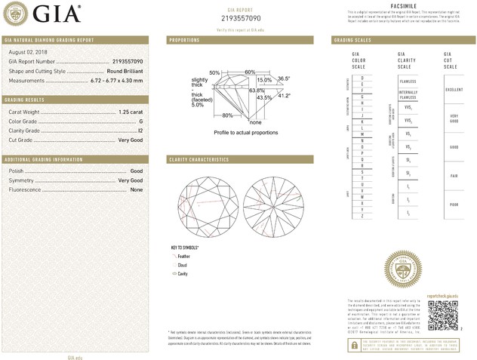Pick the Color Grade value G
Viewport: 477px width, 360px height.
[140, 122]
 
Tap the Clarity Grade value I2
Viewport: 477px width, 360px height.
[140, 131]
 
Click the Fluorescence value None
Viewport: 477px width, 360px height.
[137, 190]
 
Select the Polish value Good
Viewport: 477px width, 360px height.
[137, 172]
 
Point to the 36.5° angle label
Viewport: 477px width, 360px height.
[283, 78]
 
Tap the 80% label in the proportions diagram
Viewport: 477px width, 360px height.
[227, 115]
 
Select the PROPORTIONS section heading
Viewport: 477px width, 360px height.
[184, 39]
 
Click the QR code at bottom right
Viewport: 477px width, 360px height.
[442, 313]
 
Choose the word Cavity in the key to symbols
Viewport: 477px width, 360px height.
[183, 274]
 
